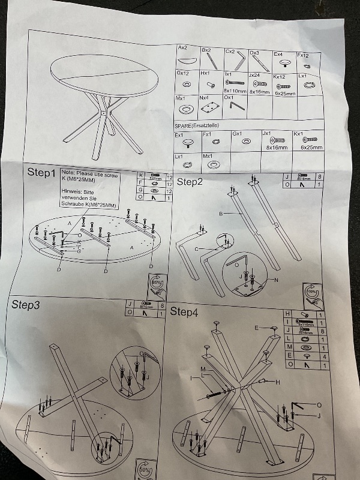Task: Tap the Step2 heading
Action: point(190,181)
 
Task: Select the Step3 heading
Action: point(26,305)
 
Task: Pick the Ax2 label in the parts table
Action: point(183,47)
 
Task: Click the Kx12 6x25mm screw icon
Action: point(284,86)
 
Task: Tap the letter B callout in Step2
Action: point(221,213)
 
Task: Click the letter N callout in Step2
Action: point(276,280)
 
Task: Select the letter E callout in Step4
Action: point(256,328)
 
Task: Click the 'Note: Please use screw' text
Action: point(90,175)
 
